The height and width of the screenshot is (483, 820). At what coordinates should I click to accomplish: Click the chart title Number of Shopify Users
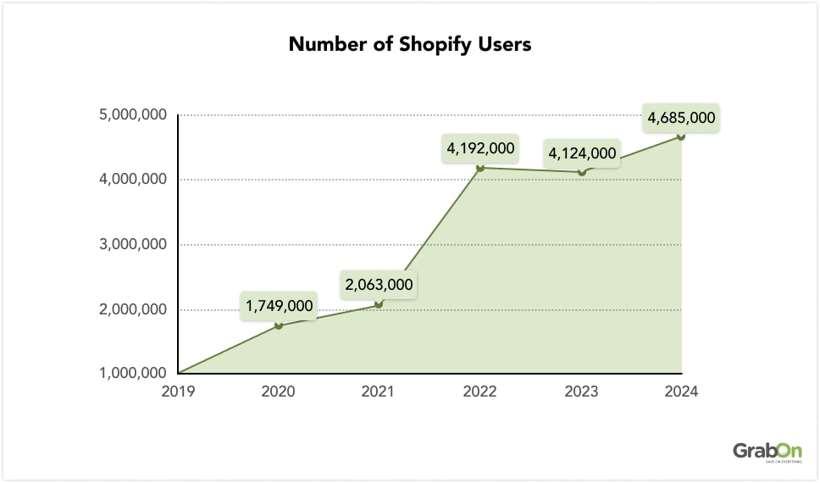click(x=410, y=44)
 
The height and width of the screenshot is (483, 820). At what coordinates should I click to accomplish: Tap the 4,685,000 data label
click(x=681, y=118)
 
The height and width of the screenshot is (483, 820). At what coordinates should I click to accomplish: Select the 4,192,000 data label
click(x=480, y=148)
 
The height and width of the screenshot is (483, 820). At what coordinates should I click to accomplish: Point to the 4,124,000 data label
click(x=582, y=153)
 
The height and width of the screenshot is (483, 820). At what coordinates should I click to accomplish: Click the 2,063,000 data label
click(x=379, y=286)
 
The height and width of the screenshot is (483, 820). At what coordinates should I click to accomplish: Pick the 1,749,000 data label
click(x=279, y=306)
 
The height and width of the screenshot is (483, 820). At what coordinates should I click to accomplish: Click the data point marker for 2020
click(x=279, y=325)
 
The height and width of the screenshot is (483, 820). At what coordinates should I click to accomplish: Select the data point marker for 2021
click(x=379, y=304)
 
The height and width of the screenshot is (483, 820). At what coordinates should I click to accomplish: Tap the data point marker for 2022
click(x=480, y=168)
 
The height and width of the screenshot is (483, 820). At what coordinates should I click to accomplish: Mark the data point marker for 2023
click(x=581, y=172)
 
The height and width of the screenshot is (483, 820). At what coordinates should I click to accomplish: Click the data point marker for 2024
click(x=681, y=136)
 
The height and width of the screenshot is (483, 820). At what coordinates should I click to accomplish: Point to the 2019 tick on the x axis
click(x=178, y=391)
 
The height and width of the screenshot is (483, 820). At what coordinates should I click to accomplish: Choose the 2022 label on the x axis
click(x=480, y=391)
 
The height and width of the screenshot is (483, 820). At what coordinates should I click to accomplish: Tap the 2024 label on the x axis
click(x=681, y=391)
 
